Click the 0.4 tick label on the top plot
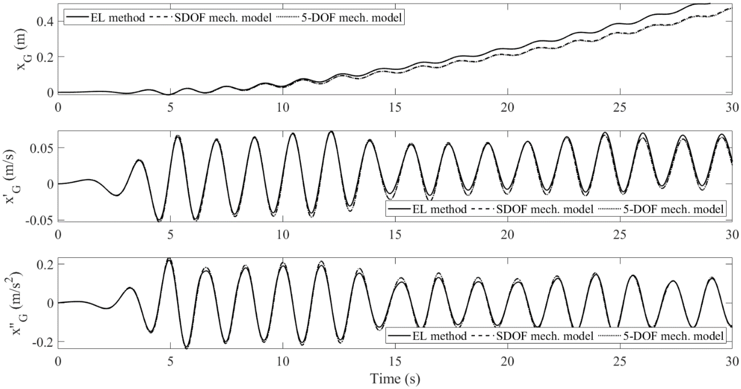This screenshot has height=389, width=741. click(x=46, y=22)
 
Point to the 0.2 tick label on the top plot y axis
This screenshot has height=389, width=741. click(x=46, y=57)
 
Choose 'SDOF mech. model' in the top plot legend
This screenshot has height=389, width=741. click(x=223, y=18)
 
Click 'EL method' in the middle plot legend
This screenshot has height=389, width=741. click(x=440, y=209)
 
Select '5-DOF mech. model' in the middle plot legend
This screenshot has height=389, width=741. click(x=673, y=209)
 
